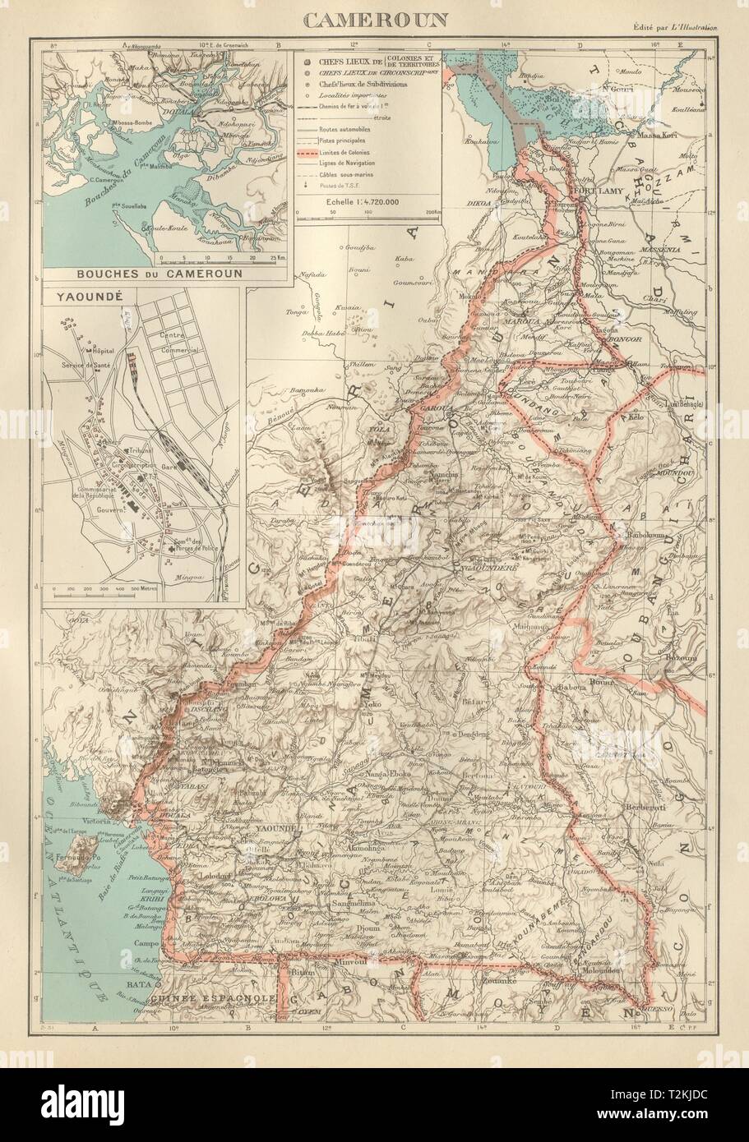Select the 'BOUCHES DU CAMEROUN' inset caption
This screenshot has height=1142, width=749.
(x=145, y=274)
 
